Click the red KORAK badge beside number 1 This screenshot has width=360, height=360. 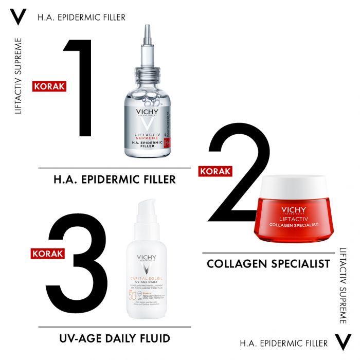point(49,86)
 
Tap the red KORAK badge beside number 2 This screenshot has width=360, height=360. point(215,171)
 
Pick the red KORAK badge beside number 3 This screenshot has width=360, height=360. point(48,253)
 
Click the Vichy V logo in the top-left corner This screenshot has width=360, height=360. point(18,17)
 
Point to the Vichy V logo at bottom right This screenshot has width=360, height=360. point(343,343)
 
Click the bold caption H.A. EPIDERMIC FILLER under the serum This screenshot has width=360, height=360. point(115,179)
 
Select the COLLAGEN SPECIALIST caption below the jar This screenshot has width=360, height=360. point(268,264)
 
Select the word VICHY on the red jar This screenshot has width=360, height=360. point(294,210)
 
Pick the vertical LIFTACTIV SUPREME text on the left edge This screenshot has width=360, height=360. point(19,76)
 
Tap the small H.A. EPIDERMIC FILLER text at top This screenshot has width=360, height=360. point(81,17)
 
